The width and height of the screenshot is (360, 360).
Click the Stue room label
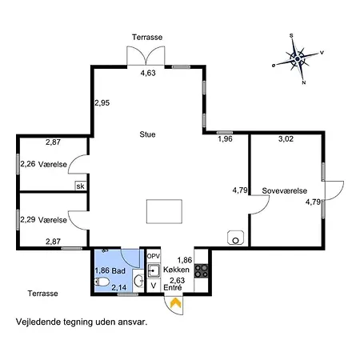147,134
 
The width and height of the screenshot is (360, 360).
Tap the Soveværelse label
284,190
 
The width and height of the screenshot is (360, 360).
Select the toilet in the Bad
102,282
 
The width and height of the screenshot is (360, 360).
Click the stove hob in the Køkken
201,271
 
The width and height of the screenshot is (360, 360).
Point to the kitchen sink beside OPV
154,270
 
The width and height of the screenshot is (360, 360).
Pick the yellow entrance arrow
176,302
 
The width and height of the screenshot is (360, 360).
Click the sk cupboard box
80,186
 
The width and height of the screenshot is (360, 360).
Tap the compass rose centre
298,59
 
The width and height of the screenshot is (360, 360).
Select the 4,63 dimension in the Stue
148,73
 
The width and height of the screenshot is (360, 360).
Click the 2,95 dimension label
102,102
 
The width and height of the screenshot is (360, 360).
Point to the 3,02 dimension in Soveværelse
286,139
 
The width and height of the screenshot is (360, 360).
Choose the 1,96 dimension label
225,139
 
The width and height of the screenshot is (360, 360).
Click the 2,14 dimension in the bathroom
119,288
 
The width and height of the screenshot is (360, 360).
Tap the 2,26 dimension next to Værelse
28,164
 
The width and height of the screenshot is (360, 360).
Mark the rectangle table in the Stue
164,211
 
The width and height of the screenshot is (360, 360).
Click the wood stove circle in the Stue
235,241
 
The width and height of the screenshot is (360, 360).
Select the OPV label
154,256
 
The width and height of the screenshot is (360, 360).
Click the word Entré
173,288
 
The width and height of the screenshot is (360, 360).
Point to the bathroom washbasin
138,281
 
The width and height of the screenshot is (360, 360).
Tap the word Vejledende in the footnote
38,322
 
